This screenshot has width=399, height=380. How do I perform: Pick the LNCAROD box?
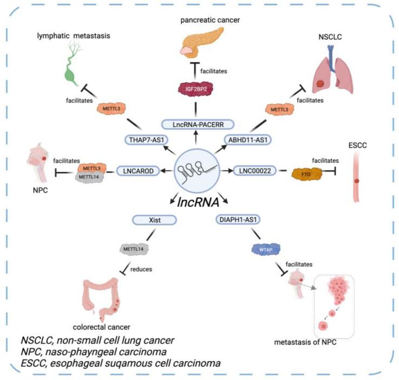[x=140, y=171]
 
